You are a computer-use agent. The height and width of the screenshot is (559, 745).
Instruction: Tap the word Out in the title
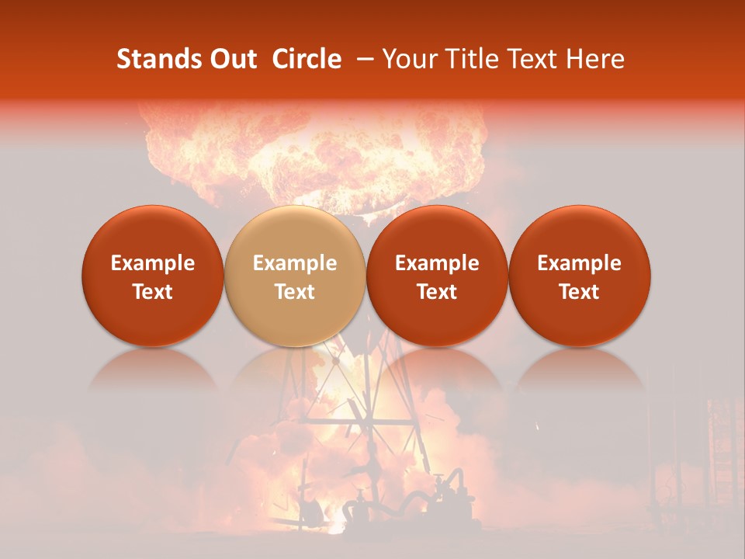(230, 59)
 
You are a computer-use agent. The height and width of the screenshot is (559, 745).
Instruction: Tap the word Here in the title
(594, 59)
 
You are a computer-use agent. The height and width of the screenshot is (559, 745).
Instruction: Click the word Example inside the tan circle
(295, 263)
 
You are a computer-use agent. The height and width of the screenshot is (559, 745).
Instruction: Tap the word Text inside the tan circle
(295, 292)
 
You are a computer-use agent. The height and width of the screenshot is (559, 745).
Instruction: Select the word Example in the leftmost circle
(153, 263)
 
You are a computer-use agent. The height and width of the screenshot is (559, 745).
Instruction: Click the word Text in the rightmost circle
(579, 292)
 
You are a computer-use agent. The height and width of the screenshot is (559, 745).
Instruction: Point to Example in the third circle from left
(437, 263)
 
